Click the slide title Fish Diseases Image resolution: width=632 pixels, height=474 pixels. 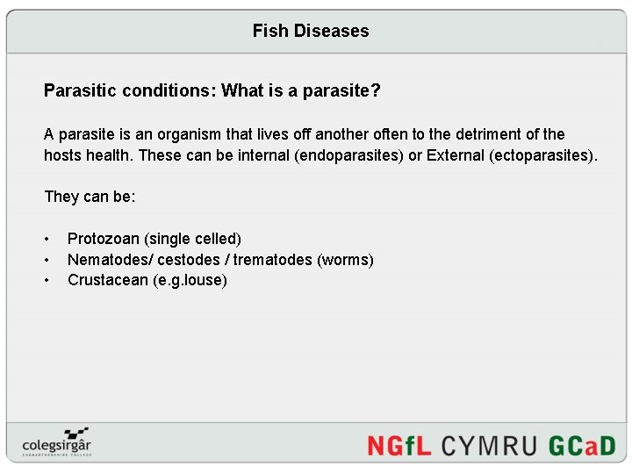[311, 32]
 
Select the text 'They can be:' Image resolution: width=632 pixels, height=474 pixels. [90, 197]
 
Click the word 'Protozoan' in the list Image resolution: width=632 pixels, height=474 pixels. [104, 239]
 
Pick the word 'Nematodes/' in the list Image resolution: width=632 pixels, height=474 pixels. [111, 260]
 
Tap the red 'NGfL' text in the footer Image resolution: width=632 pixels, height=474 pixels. [399, 445]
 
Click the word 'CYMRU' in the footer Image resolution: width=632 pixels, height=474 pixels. [489, 445]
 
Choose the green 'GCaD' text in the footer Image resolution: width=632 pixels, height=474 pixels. [582, 445]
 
